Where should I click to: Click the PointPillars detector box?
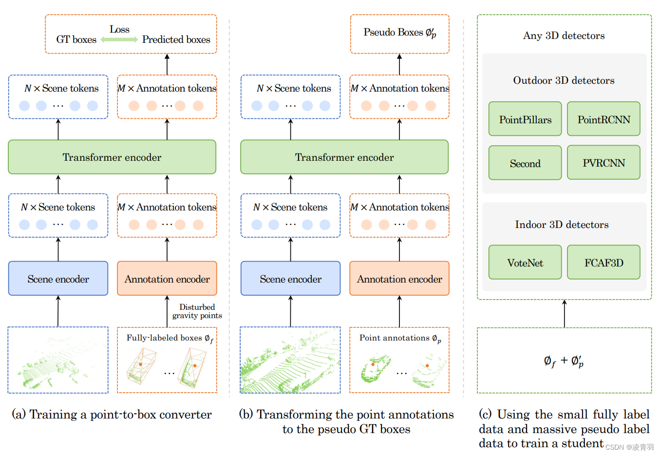pyautogui.click(x=525, y=119)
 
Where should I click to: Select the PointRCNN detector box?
pyautogui.click(x=604, y=119)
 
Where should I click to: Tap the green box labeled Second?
pyautogui.click(x=525, y=163)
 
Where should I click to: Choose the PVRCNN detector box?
pyautogui.click(x=604, y=163)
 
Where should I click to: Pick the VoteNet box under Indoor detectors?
pyautogui.click(x=525, y=263)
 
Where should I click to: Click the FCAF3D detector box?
pyautogui.click(x=604, y=263)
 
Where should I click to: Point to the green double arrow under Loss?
pyautogui.click(x=119, y=39)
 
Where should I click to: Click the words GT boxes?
pyautogui.click(x=76, y=39)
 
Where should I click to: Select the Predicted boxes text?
pyautogui.click(x=176, y=39)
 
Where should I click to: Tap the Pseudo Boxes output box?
pyautogui.click(x=399, y=33)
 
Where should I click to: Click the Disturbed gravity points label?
pyautogui.click(x=197, y=311)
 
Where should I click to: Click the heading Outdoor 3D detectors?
pyautogui.click(x=564, y=80)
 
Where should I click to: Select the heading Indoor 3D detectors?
pyautogui.click(x=562, y=225)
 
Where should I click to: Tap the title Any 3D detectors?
pyautogui.click(x=564, y=36)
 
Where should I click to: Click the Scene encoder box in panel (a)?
pyautogui.click(x=58, y=279)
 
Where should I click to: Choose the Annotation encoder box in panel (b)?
pyautogui.click(x=399, y=279)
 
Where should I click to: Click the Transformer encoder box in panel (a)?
pyautogui.click(x=112, y=157)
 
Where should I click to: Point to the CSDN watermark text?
pyautogui.click(x=629, y=447)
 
